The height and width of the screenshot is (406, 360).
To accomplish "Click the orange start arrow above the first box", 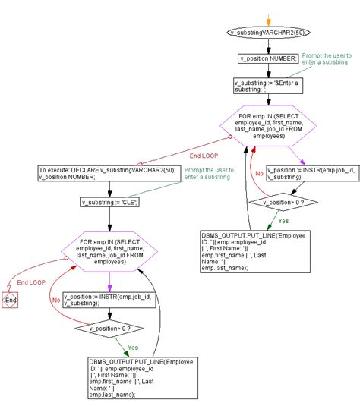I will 268,20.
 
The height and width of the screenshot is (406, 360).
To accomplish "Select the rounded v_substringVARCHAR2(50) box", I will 268,33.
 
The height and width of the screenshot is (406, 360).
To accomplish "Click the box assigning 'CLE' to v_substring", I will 109,203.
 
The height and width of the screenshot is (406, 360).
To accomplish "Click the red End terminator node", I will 11,301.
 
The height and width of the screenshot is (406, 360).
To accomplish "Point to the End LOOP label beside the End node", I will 32,282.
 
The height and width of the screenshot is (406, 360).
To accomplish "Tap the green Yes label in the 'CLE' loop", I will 134,347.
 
